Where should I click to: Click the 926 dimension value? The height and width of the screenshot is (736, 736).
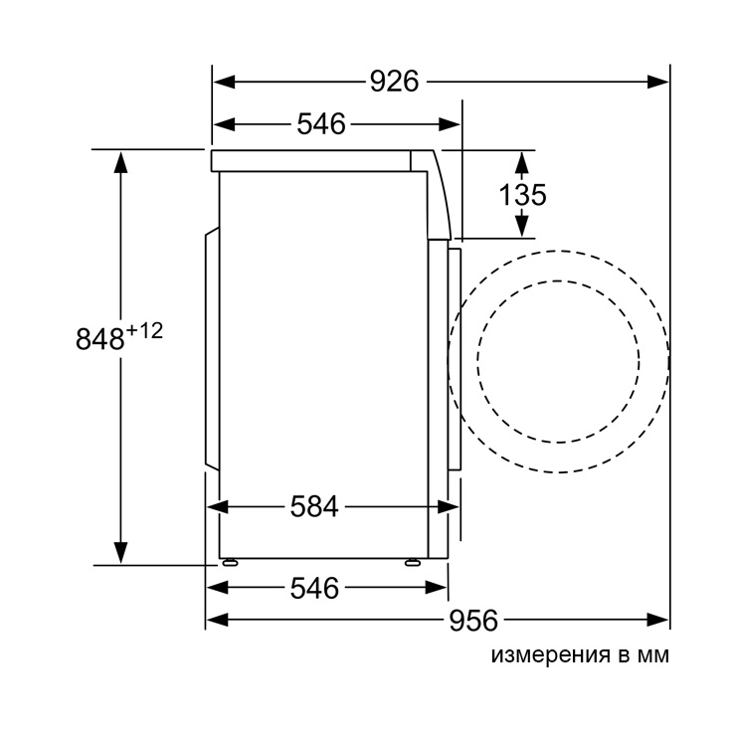coord(394,82)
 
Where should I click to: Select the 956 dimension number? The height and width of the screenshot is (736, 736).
coord(473,620)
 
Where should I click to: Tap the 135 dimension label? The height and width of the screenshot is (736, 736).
coord(522,194)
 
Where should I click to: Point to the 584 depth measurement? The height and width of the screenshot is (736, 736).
coord(314,507)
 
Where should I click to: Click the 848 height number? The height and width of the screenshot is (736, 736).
coord(100,339)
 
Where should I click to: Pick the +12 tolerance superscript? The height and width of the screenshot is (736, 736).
coord(144,331)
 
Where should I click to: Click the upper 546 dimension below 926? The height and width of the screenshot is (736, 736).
coord(321,124)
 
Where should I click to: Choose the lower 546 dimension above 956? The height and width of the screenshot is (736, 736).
coord(314,588)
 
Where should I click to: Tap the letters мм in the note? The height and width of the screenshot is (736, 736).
coord(652,655)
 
